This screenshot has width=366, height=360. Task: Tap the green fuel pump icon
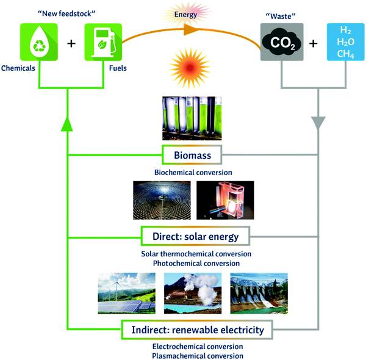(102, 42)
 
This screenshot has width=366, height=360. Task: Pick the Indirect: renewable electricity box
(198, 330)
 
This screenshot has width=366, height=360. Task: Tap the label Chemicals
(18, 69)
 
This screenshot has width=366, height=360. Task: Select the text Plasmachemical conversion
(197, 355)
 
